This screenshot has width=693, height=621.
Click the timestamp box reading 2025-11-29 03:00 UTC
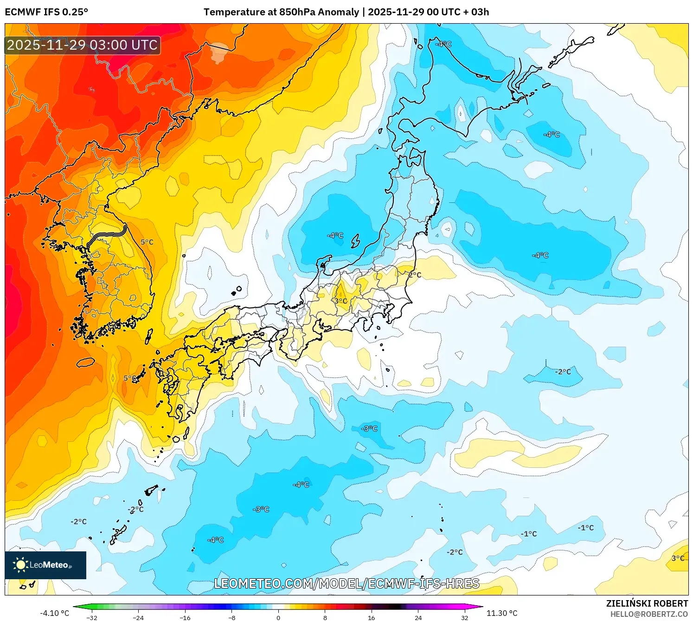[83, 45]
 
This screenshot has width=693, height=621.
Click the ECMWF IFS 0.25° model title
[46, 12]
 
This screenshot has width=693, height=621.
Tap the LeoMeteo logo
[45, 565]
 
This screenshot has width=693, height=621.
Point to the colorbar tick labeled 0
[278, 617]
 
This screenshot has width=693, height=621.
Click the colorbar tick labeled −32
[92, 617]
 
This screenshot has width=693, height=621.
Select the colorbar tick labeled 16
[371, 617]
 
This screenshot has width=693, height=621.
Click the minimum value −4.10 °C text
[54, 613]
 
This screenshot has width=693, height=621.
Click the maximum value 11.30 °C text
[501, 613]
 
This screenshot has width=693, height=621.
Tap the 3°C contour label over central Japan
[340, 301]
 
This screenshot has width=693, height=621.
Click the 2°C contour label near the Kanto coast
[414, 275]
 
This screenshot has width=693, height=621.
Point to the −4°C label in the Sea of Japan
[335, 235]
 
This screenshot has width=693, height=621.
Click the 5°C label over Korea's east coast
[147, 242]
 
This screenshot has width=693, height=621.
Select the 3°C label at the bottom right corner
[678, 558]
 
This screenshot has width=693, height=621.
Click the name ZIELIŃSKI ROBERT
[647, 603]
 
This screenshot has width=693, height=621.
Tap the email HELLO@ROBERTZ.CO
[648, 614]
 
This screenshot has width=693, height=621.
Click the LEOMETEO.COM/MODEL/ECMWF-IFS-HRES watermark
[346, 583]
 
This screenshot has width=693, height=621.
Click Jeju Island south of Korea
[85, 362]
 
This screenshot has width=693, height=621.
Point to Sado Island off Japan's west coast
[355, 241]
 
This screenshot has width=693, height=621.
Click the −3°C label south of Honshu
[369, 428]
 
